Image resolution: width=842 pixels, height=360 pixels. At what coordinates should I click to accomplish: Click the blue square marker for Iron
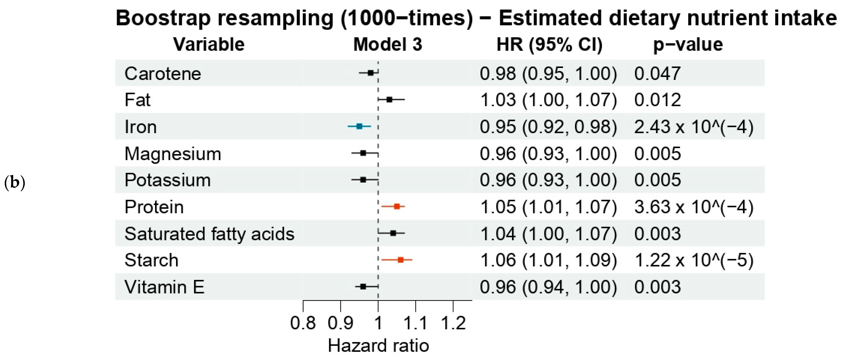[x=359, y=126]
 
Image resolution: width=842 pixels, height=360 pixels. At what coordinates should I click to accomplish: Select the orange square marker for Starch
[x=400, y=260]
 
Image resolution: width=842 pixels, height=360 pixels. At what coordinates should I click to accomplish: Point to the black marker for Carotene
[x=370, y=73]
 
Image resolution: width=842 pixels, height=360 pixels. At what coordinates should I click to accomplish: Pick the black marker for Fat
[x=389, y=99]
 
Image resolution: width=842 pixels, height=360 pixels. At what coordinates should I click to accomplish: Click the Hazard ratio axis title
[x=378, y=346]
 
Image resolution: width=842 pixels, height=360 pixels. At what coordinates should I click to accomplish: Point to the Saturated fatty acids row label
[x=209, y=234]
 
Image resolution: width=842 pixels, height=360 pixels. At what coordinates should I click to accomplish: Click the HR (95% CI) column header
[x=549, y=44]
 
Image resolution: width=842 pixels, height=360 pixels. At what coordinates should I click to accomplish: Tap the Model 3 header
[x=388, y=44]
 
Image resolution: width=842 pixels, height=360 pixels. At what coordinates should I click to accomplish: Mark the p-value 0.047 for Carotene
[x=657, y=73]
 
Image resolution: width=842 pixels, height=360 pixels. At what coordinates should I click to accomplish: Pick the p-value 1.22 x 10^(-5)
[x=694, y=260]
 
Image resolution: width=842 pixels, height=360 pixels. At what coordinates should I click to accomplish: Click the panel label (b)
[x=15, y=183]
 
